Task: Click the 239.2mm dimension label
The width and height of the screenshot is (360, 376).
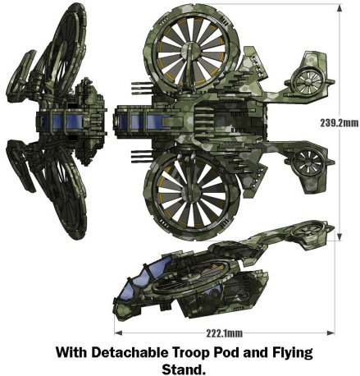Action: click(x=339, y=123)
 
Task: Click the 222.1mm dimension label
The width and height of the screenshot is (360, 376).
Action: click(x=225, y=333)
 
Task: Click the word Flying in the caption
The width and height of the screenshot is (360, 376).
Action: click(x=293, y=353)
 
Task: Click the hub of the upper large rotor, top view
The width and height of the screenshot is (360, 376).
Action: click(x=191, y=51)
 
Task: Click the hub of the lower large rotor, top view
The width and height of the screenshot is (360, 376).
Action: click(x=192, y=192)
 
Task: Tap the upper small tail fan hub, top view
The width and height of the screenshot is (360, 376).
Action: click(x=307, y=81)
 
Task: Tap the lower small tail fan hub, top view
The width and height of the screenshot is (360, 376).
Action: click(x=306, y=163)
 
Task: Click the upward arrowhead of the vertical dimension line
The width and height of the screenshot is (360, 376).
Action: click(x=339, y=7)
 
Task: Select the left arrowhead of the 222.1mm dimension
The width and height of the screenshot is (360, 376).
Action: click(x=118, y=332)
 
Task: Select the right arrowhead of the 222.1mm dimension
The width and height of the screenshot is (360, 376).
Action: click(x=330, y=332)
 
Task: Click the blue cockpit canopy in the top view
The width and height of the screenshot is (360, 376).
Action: click(x=142, y=121)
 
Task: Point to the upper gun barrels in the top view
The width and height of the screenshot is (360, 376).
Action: click(x=142, y=89)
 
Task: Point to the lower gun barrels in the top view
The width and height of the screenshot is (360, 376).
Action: click(x=142, y=156)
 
